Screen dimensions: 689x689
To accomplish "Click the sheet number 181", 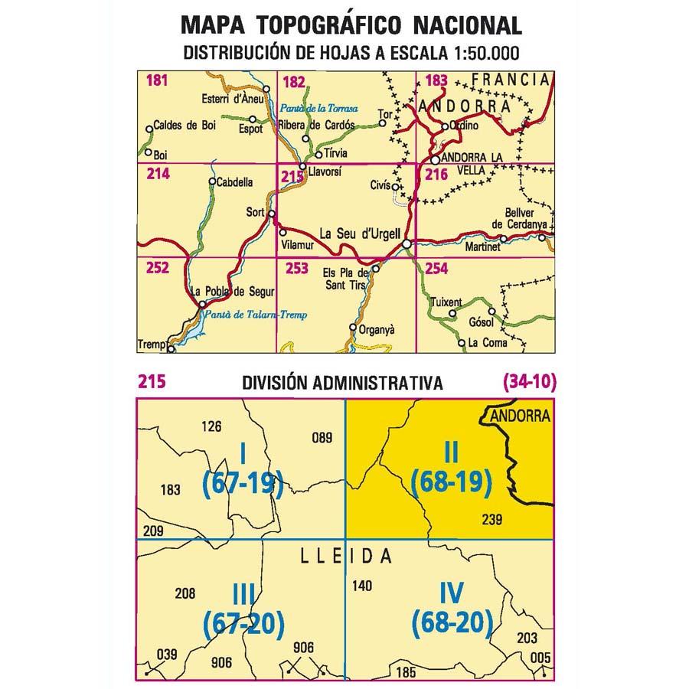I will pyautogui.click(x=155, y=80).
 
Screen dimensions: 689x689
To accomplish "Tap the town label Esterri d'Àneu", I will pyautogui.click(x=232, y=98).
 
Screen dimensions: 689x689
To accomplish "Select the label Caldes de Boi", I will pyautogui.click(x=184, y=126).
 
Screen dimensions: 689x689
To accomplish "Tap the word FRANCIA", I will pyautogui.click(x=511, y=79).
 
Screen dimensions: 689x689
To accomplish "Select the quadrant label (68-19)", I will pyautogui.click(x=450, y=481).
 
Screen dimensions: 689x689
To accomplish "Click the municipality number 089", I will pyautogui.click(x=322, y=439).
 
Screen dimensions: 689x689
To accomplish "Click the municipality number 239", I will pyautogui.click(x=491, y=520).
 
